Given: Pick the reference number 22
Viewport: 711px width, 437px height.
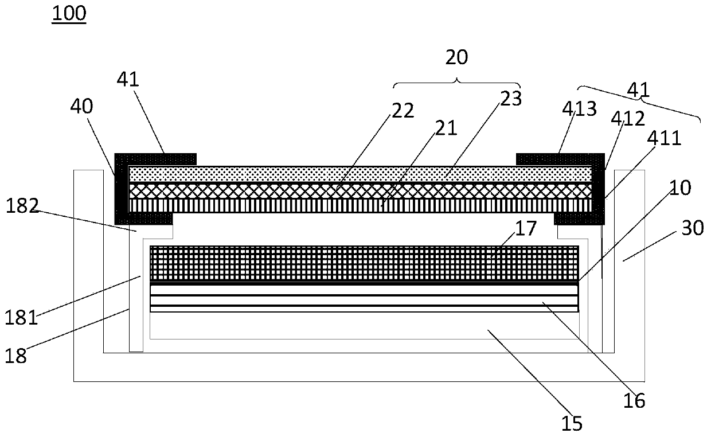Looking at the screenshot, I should pos(403,110).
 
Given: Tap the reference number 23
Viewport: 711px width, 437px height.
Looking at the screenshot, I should pos(510,99).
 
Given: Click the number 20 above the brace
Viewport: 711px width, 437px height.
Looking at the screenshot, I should pos(456,57).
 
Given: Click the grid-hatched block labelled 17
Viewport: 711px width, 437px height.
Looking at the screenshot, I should pos(364,263).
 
